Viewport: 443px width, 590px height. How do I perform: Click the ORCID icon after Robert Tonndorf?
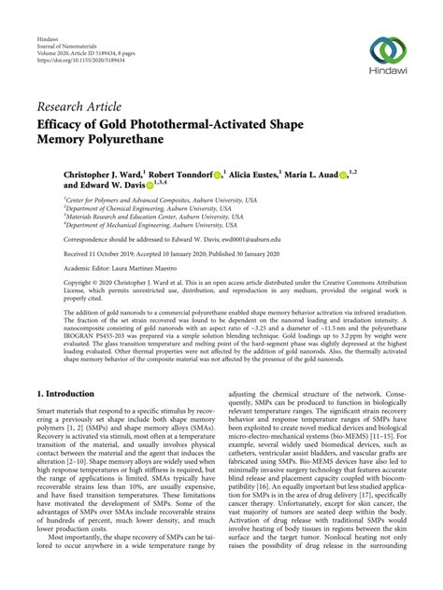coord(243,176)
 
